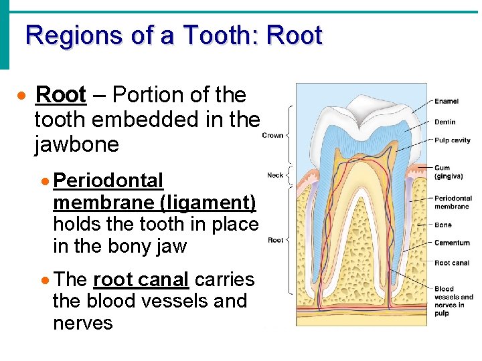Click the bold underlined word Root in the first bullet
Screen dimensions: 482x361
61,96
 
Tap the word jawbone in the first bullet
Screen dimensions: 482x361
76,145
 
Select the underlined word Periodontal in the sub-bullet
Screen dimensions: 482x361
108,180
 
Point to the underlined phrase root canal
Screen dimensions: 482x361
141,279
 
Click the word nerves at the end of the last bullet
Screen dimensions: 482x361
82,324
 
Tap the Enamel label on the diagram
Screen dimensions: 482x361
447,102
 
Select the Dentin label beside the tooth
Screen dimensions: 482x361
445,122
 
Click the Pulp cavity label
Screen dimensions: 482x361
453,140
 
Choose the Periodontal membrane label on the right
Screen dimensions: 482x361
453,203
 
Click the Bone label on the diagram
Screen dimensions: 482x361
443,225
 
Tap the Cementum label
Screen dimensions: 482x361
452,243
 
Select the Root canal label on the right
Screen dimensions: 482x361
452,263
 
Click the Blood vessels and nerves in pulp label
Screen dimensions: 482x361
453,301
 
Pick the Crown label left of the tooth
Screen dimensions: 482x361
272,135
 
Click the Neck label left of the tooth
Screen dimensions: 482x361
275,175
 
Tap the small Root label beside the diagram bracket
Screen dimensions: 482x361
275,240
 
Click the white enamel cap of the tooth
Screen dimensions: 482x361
361,107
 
